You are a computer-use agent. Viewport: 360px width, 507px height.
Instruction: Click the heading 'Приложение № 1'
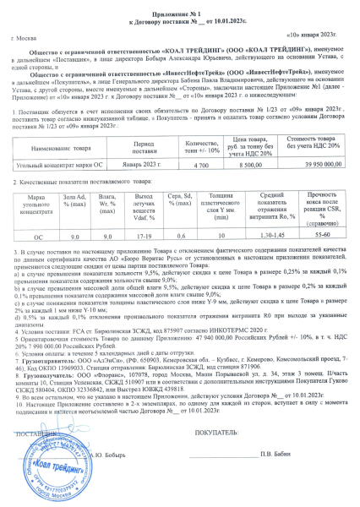179,7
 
